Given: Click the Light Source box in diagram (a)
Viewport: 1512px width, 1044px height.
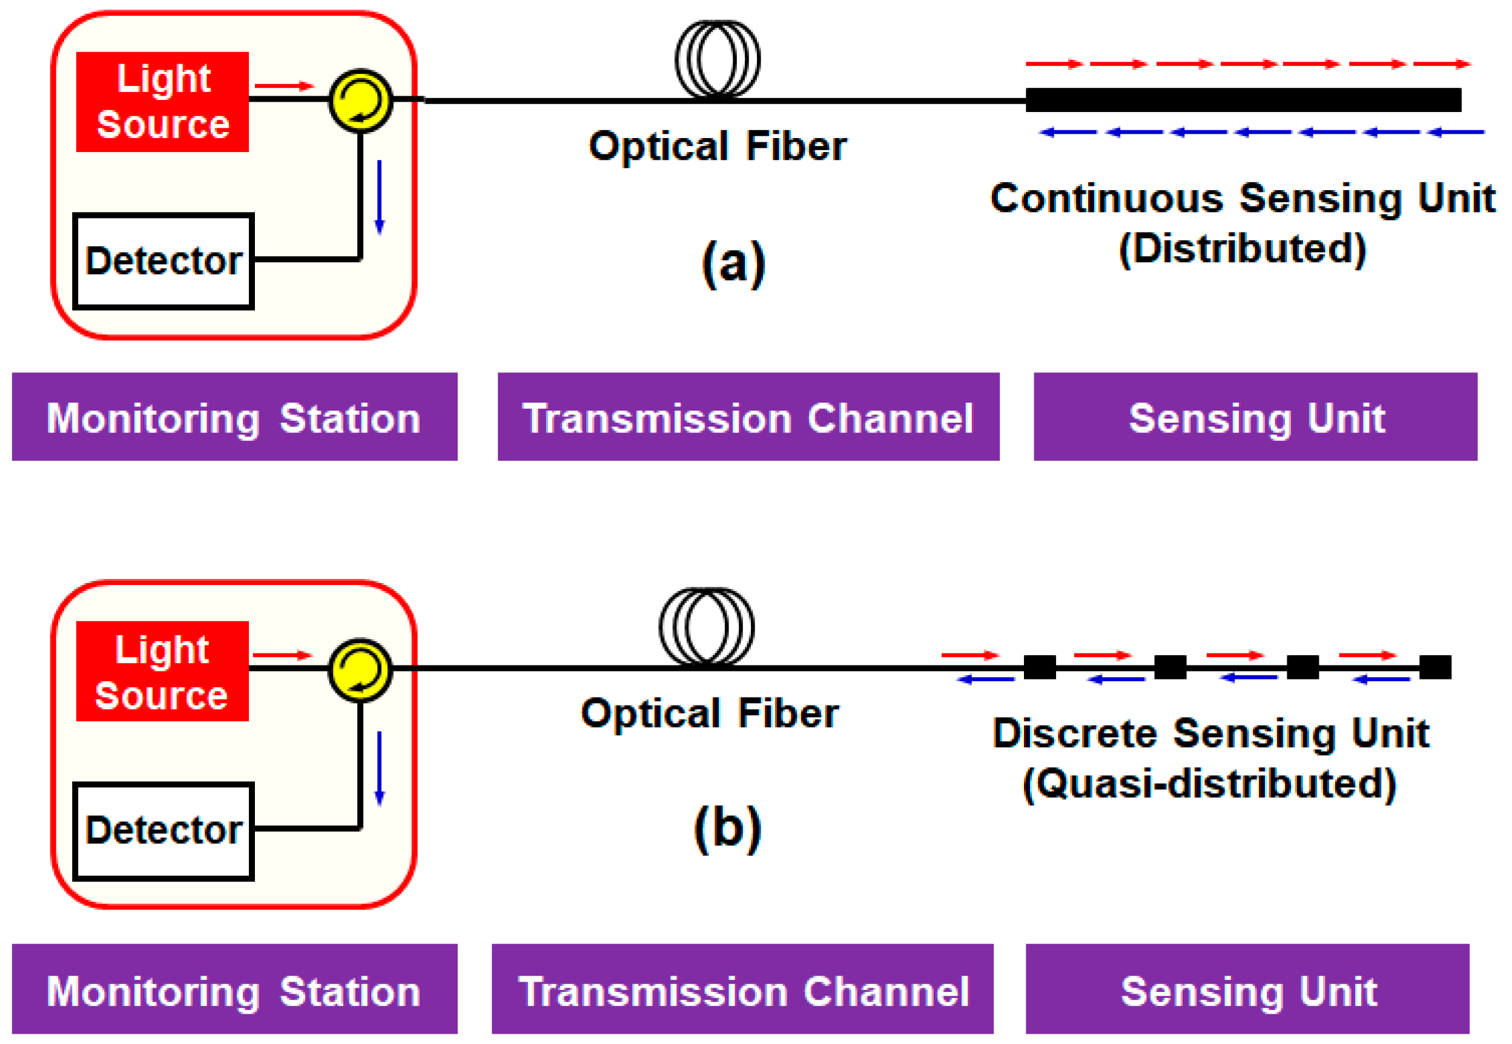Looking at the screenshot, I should (x=162, y=102).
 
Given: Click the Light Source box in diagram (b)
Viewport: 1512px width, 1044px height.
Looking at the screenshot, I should (x=162, y=671).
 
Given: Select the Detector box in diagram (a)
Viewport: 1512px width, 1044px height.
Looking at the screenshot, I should (x=163, y=261).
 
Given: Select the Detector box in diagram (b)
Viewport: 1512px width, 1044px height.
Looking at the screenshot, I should (x=163, y=831).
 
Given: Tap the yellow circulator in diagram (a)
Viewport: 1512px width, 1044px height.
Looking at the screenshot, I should (x=360, y=101).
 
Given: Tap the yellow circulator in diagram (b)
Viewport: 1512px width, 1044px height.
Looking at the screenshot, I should (x=360, y=670).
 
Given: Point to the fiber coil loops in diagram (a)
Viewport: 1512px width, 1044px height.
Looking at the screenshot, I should (x=718, y=59).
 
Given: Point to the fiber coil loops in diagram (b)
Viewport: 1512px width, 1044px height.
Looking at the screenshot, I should (x=706, y=627).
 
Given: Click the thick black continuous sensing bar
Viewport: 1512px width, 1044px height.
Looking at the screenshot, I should (x=1243, y=100).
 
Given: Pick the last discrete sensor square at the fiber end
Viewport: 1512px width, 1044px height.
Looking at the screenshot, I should (x=1435, y=668).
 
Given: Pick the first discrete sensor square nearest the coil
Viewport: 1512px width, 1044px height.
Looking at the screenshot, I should (x=1039, y=668).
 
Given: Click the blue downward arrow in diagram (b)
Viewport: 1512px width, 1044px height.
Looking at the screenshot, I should (x=379, y=768).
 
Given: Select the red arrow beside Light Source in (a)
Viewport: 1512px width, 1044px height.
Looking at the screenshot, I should (x=285, y=86).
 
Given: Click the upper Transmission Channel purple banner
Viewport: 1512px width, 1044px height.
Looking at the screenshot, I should (x=748, y=417).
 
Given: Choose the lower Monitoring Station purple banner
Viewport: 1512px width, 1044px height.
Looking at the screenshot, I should (x=234, y=989).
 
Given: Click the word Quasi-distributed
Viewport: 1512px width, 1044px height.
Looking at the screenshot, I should (x=1209, y=783).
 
